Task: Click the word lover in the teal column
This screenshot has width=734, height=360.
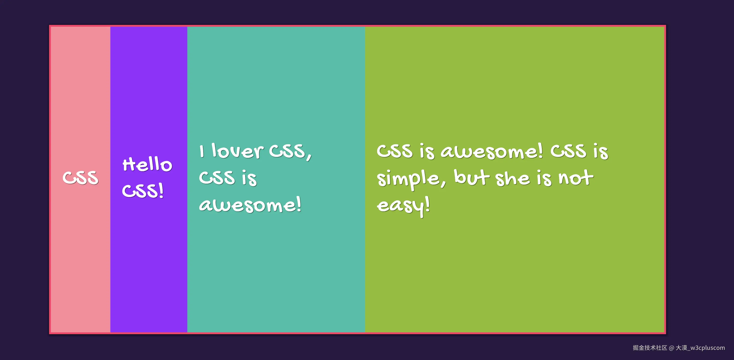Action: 237,151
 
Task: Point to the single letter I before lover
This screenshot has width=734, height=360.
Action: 202,151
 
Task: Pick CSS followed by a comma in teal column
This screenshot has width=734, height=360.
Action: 290,152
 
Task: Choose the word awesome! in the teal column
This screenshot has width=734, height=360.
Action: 250,204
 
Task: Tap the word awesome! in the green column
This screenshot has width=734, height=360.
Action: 491,151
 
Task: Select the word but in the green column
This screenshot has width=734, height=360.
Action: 472,177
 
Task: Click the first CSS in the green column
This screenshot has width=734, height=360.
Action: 395,151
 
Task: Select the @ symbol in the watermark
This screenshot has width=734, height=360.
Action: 671,348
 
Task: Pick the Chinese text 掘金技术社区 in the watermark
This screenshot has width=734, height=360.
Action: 650,348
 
